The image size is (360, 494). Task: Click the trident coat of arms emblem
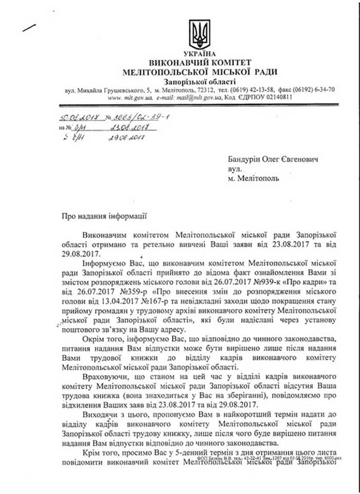tap(198, 34)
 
